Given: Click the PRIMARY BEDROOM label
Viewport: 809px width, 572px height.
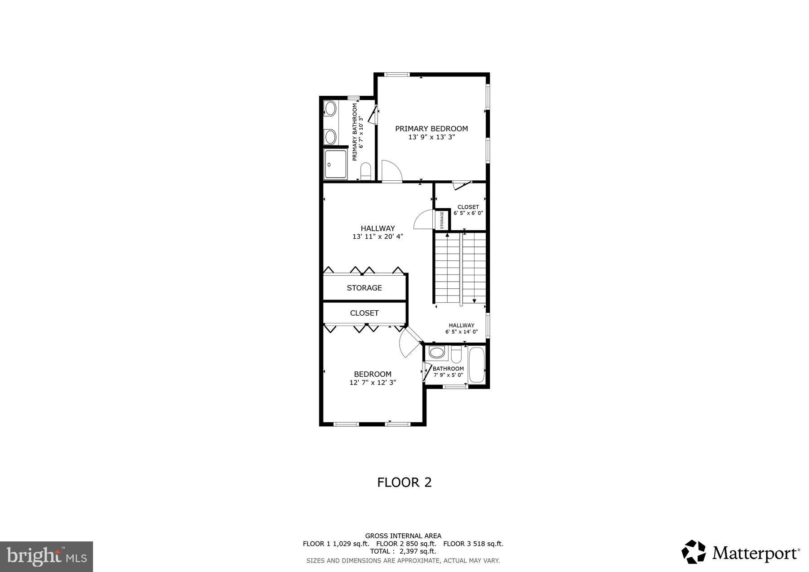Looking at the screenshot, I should click(x=431, y=129).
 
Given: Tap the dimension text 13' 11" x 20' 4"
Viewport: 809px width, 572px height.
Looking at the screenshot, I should click(x=378, y=237).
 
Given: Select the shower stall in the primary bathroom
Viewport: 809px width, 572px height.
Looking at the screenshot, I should click(x=335, y=165).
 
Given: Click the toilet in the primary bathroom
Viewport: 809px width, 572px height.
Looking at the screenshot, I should click(x=365, y=171).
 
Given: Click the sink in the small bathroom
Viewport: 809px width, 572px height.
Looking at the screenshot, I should click(x=436, y=352).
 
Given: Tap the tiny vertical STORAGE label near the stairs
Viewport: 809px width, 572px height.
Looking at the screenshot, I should click(x=442, y=220).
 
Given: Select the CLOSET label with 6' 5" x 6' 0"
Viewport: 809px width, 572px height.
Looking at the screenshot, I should click(x=468, y=207).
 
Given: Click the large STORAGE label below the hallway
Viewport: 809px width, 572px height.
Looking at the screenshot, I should click(x=364, y=288).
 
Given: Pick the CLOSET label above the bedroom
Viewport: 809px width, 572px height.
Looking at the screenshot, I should click(x=364, y=313).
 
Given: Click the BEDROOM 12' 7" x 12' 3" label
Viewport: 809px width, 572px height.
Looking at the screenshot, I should click(x=373, y=374).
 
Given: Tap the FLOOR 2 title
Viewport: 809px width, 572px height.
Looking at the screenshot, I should click(x=404, y=483).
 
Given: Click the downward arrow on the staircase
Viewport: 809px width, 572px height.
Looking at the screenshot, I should click(x=474, y=300).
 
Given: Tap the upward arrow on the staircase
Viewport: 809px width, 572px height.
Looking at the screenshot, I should click(x=447, y=235).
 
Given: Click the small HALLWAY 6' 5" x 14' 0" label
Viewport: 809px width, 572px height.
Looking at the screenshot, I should click(x=461, y=326).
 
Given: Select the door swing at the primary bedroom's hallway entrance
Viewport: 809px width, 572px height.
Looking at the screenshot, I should click(x=390, y=171).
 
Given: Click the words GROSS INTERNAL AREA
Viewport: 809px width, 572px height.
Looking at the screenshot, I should click(x=403, y=536).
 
